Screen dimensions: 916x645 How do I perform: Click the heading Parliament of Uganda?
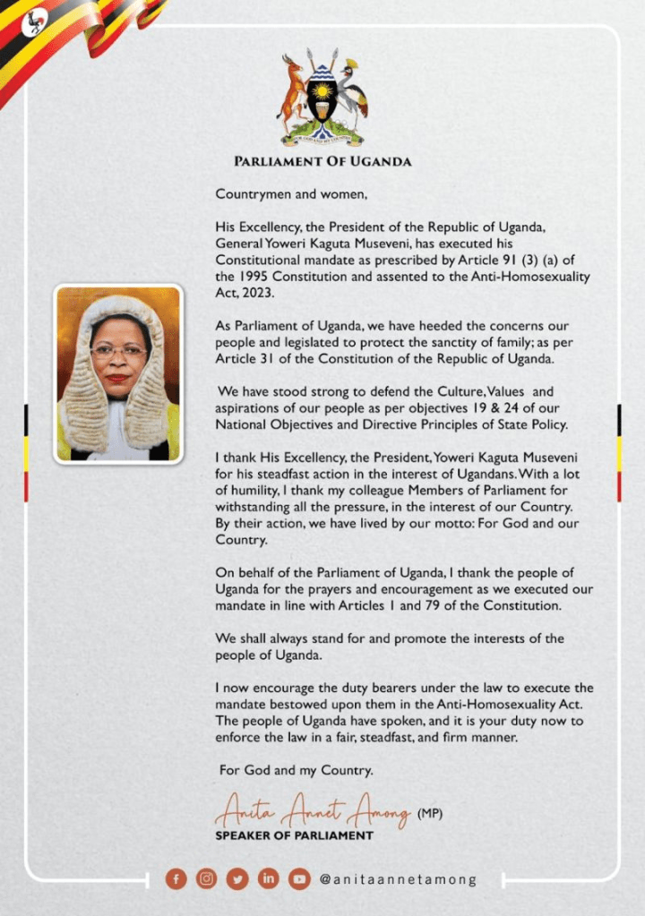[322, 162]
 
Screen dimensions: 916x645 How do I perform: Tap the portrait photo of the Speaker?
[118, 373]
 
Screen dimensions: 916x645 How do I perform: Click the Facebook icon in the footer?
[176, 878]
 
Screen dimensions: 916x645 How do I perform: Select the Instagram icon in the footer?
[207, 878]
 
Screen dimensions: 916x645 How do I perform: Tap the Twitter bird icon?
[237, 878]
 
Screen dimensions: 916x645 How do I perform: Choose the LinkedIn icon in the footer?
[268, 878]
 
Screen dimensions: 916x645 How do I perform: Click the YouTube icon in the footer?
[298, 878]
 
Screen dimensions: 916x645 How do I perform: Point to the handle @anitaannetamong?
[398, 879]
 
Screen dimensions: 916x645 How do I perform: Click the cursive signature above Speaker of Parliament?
[313, 812]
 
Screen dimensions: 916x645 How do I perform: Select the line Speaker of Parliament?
[294, 835]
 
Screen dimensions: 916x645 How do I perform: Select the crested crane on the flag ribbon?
[35, 22]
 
